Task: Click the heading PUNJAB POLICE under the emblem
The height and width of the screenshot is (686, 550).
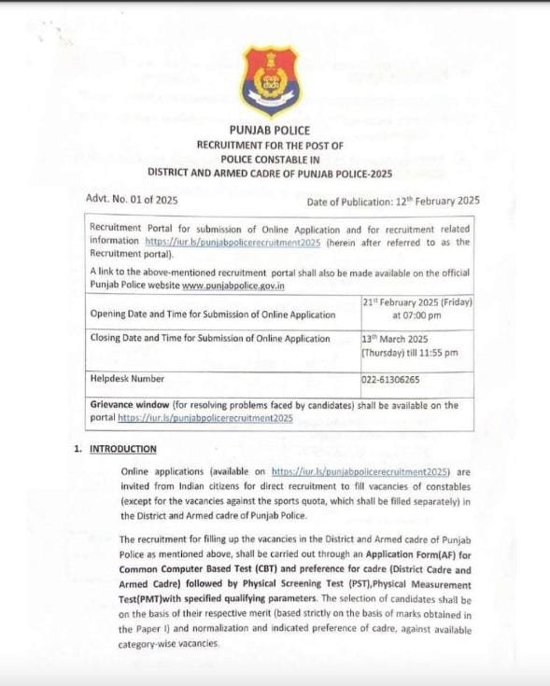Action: tap(270, 131)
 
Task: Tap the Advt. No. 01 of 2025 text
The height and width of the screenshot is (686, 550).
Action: tap(132, 200)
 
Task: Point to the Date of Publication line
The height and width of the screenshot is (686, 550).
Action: tap(392, 201)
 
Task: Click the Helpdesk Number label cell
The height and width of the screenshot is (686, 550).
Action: tap(127, 379)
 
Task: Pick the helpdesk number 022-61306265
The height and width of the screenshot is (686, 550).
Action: tap(390, 380)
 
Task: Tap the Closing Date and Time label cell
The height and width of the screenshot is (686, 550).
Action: tap(210, 339)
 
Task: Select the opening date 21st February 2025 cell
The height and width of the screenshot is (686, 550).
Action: tap(416, 309)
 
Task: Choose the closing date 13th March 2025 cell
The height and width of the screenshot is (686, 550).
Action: tap(410, 345)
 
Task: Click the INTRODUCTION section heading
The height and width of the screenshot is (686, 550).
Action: tap(122, 449)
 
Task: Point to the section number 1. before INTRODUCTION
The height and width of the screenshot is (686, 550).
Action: tap(78, 449)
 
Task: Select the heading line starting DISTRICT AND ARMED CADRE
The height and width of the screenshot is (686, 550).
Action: tap(270, 173)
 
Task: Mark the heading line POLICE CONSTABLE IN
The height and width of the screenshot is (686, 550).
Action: tap(270, 159)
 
